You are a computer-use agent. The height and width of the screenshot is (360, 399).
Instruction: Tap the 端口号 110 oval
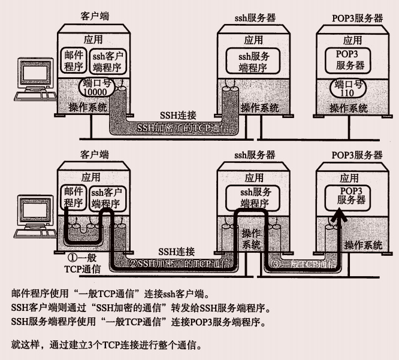click(349, 87)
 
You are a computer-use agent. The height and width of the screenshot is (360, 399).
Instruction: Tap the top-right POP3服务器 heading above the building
click(357, 17)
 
